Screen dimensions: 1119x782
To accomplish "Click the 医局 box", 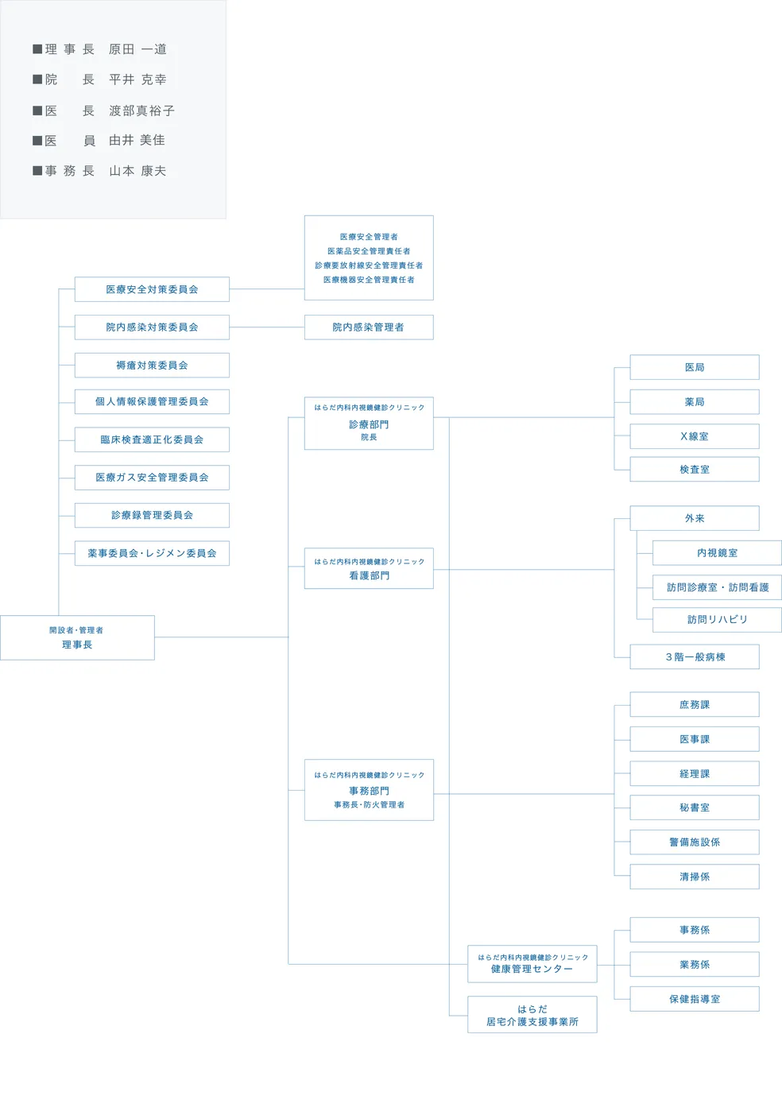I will point(694,367).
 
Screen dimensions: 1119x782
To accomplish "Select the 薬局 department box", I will point(694,402).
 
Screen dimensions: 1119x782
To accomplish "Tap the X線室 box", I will point(694,436).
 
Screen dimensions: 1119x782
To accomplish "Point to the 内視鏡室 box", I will point(717,553).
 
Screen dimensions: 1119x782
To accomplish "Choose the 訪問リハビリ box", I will point(717,620).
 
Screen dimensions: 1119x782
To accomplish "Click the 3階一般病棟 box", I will point(694,657).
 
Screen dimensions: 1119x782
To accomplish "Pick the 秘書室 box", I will point(694,807).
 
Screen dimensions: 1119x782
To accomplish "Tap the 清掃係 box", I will point(694,877).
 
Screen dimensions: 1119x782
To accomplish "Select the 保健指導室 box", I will point(694,999).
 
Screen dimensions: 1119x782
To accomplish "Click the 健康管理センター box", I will point(532,964).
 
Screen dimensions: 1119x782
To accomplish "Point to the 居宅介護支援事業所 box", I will point(532,1015).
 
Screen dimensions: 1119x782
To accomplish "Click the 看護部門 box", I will point(369,569).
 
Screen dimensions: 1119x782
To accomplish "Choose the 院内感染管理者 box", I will point(369,327).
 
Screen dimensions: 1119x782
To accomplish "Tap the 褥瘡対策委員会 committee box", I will point(152,366).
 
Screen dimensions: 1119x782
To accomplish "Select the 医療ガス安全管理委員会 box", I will point(152,478).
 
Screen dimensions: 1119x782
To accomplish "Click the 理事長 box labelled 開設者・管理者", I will point(77,637).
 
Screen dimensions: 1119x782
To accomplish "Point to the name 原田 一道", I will point(137,49).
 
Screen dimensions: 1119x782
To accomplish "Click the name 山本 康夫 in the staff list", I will point(137,171).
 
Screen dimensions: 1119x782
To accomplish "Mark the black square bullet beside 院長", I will point(37,79).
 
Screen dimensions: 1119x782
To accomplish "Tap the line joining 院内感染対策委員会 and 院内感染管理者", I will point(267,327).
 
